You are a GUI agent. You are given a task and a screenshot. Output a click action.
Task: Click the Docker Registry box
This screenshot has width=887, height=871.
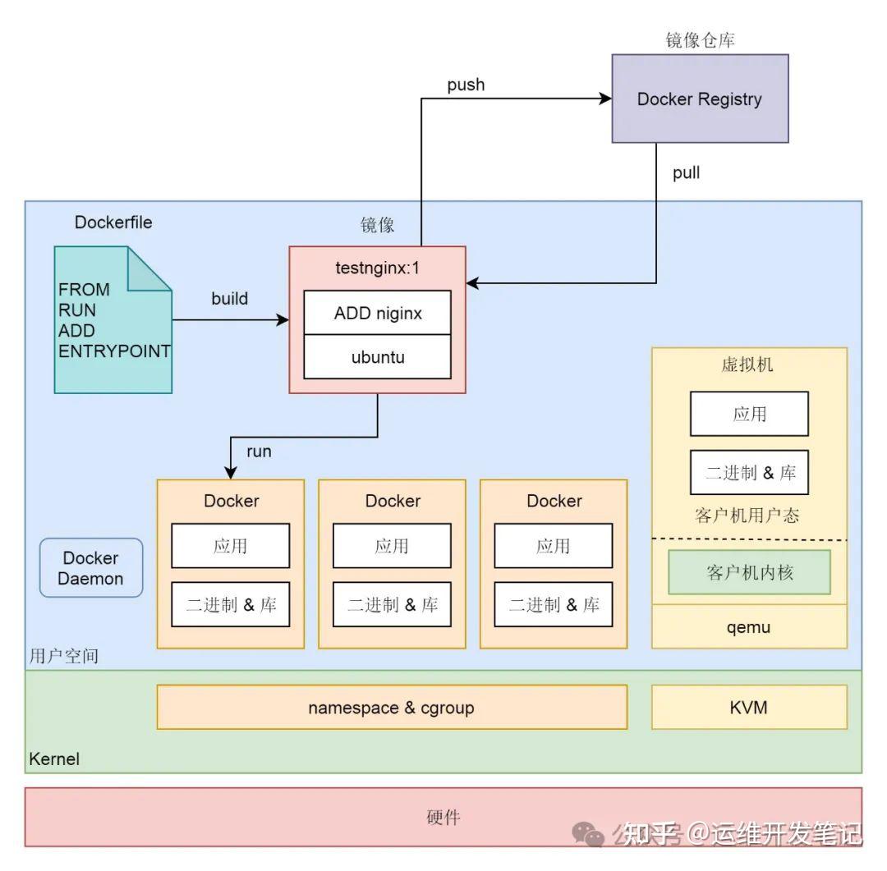tap(700, 99)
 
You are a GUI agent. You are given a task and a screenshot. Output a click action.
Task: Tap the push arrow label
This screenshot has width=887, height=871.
tap(466, 85)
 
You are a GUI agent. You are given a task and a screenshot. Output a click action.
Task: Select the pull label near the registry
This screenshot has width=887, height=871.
tap(686, 173)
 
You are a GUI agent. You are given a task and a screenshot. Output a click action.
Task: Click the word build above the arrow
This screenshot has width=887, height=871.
tap(229, 299)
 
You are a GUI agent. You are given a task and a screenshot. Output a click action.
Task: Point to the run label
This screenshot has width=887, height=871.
tap(259, 451)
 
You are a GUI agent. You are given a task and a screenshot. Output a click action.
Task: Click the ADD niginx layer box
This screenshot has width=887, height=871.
tap(377, 313)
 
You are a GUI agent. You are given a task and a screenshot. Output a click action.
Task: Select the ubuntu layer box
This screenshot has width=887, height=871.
tap(377, 357)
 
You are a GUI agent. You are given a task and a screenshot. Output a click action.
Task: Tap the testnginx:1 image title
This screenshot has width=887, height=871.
tap(377, 267)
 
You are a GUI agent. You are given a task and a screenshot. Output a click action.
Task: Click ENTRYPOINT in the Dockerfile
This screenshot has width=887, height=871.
tap(114, 351)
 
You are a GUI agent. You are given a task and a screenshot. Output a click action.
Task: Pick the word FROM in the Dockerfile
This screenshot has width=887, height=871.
tap(84, 290)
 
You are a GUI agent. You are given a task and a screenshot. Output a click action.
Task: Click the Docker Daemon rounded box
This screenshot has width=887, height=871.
tap(91, 568)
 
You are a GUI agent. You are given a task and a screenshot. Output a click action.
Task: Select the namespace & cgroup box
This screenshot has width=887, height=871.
tap(391, 708)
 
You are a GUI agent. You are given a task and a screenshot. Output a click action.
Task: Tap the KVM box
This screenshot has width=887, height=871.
tap(749, 708)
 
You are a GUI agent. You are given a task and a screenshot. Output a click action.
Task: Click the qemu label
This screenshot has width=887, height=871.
tap(749, 628)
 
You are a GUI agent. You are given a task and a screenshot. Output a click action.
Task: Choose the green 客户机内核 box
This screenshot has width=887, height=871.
tap(749, 572)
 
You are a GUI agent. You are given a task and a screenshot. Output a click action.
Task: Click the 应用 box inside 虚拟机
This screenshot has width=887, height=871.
tap(749, 414)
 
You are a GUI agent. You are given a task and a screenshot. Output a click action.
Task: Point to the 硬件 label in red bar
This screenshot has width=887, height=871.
tap(443, 818)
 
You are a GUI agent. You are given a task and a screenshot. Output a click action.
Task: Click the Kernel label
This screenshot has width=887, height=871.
tap(54, 759)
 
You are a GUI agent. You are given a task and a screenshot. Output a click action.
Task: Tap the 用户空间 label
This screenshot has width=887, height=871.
tap(64, 657)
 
